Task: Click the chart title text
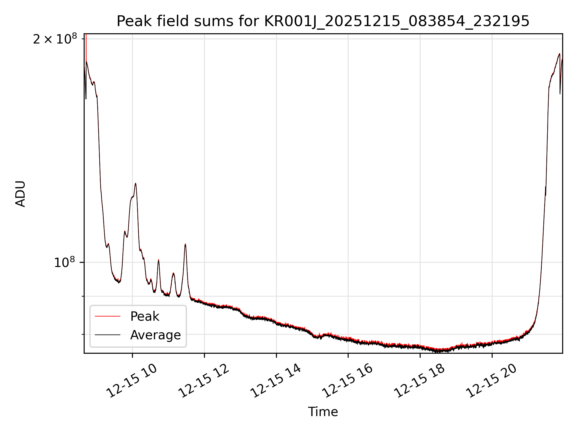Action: (x=323, y=21)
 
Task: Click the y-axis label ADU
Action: (x=20, y=194)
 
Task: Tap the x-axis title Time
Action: (x=323, y=412)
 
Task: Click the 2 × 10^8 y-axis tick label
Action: (x=55, y=39)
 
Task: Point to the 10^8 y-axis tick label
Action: (x=64, y=262)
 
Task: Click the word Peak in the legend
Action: (x=145, y=316)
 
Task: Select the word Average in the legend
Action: (x=155, y=335)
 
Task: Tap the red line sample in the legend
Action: (x=107, y=316)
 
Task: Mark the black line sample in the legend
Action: (x=107, y=335)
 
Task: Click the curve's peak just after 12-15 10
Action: (x=136, y=183)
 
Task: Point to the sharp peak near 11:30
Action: (x=185, y=244)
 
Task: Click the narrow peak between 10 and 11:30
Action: (x=158, y=260)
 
